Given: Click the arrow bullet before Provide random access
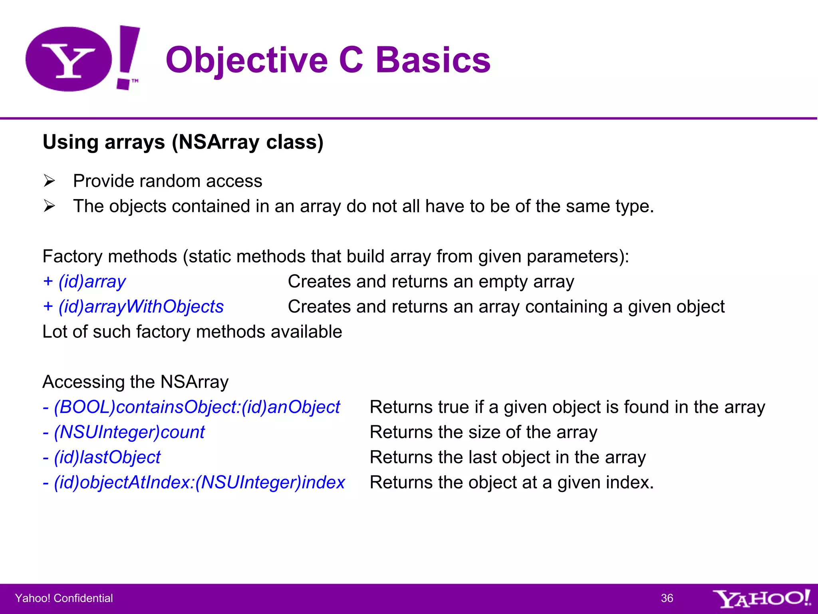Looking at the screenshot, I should point(50,181).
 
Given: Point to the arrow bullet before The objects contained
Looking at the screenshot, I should point(50,206).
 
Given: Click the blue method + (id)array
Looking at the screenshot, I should point(84,282).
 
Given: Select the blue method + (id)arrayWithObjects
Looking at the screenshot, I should point(133,307).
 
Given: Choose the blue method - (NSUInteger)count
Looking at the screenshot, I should point(124,433).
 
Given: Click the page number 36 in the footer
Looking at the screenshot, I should point(667,598).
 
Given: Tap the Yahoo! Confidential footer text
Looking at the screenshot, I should point(64,598).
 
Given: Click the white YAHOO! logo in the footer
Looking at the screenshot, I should point(761,598).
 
